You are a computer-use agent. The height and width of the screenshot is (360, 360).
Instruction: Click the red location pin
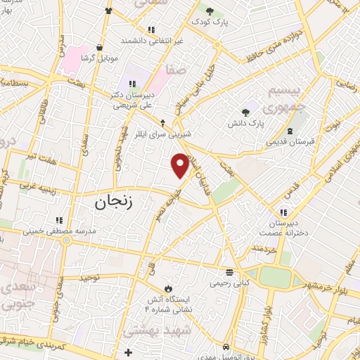click(x=180, y=165)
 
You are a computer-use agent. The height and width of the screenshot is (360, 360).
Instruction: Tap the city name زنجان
click(x=112, y=203)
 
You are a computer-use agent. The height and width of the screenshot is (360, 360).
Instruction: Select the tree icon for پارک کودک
click(x=210, y=11)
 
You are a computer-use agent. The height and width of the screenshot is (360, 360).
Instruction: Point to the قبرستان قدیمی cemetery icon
click(x=290, y=131)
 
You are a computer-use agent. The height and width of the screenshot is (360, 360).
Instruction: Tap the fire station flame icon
click(x=168, y=288)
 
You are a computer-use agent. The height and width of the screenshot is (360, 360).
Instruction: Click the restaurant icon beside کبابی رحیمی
click(x=229, y=273)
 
